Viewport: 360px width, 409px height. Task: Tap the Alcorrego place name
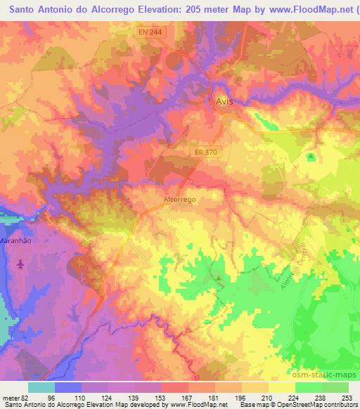tap(179, 200)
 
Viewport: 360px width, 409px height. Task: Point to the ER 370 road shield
tap(205, 150)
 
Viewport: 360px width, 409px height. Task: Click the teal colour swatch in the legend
tap(41, 387)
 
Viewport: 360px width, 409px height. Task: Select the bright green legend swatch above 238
tap(309, 387)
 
